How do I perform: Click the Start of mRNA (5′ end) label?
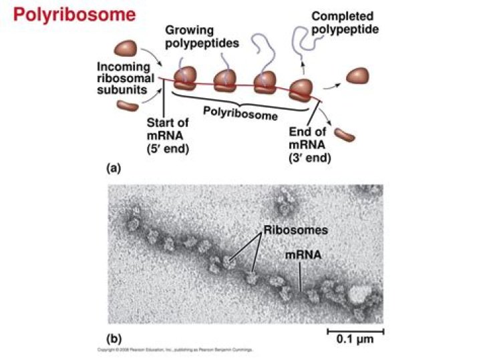tap(167, 136)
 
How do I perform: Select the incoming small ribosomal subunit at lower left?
tap(127, 106)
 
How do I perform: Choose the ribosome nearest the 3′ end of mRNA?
tap(301, 89)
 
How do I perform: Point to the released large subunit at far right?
tap(360, 75)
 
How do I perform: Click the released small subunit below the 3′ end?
tap(345, 134)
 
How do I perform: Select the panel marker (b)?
tap(116, 338)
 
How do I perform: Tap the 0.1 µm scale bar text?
tap(354, 339)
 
